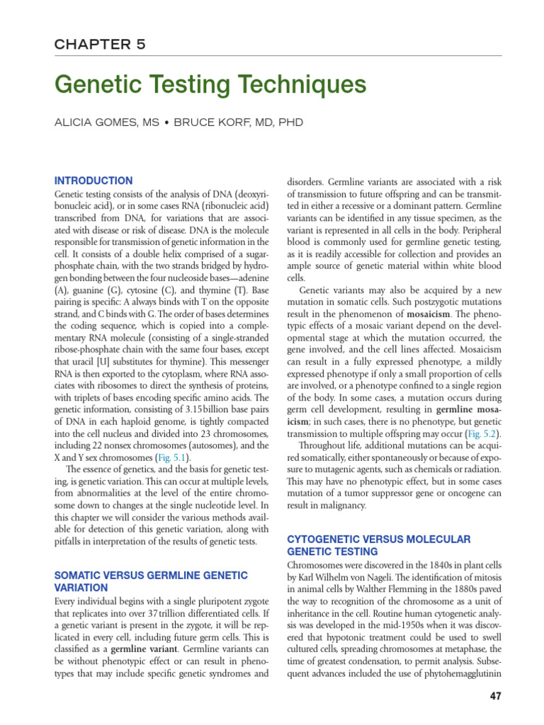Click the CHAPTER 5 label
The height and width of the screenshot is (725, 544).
(x=100, y=44)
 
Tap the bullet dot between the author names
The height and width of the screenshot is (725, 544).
(x=164, y=122)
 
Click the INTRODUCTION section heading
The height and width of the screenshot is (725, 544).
(x=93, y=181)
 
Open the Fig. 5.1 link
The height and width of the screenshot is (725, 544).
(x=174, y=458)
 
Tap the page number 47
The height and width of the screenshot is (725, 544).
(x=495, y=696)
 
